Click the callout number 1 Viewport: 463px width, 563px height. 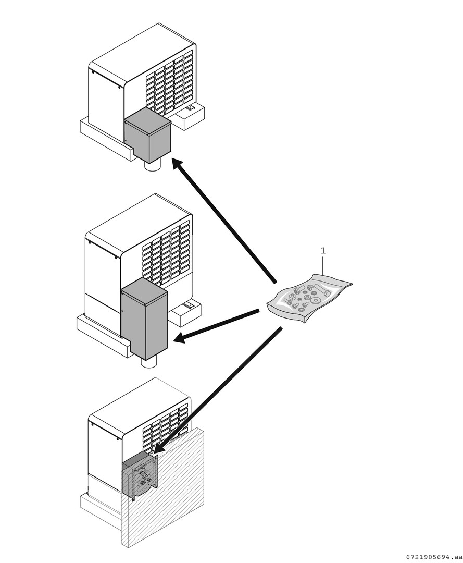pos(323,251)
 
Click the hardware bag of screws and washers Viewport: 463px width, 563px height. pos(309,298)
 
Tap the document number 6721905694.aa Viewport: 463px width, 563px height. pos(434,556)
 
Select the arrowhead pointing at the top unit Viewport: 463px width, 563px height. pos(179,166)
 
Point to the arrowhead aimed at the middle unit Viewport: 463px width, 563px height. pos(180,338)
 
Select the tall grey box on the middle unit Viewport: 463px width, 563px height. pos(144,319)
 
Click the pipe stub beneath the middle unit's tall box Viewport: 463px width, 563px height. pos(149,362)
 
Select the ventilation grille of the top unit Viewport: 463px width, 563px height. pos(170,83)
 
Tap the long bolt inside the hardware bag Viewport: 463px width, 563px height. pos(322,290)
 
